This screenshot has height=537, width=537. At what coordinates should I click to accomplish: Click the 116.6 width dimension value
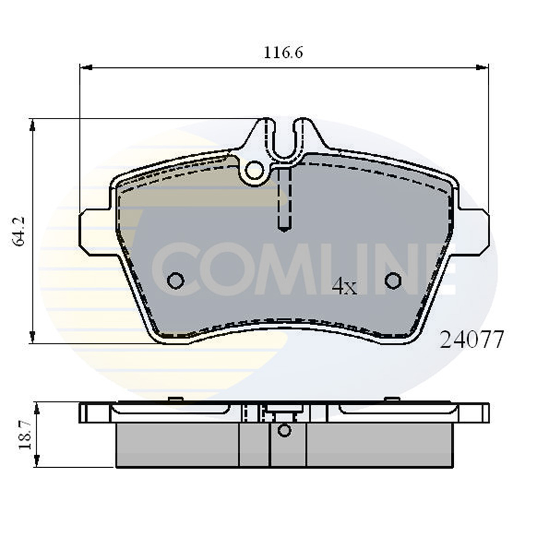283,53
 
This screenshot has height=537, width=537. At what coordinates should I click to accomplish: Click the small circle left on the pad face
175,280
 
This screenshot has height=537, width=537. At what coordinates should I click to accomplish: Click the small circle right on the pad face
393,280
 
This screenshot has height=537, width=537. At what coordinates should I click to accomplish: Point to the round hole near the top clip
254,170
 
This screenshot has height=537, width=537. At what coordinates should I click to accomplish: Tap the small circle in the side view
284,430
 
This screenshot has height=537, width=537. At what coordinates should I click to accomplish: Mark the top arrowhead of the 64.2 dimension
33,125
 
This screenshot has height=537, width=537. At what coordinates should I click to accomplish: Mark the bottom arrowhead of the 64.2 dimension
33,337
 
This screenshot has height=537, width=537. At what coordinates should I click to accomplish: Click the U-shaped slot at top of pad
284,140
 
